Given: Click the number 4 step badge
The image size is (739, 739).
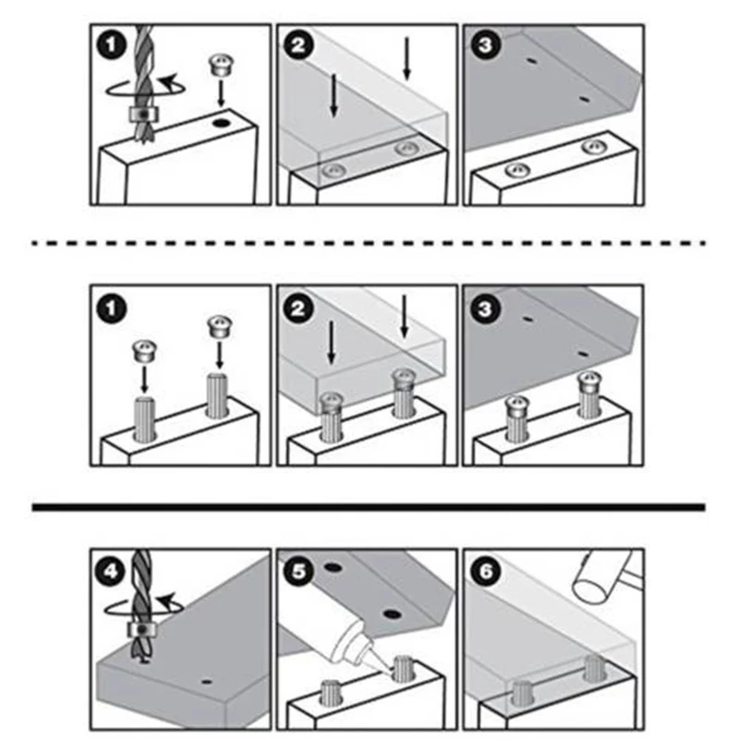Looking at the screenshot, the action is point(111,572).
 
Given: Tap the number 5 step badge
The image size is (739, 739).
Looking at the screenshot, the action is point(297,572).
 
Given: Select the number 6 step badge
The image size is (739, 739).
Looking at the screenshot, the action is point(485,572).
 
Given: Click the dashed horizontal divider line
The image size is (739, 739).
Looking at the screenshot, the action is point(369,243).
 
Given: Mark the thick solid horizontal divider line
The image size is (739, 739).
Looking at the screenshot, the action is point(369,507).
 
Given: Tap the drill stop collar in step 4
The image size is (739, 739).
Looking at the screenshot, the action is point(141,630).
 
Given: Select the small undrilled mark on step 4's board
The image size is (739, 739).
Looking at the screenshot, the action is point(206,682).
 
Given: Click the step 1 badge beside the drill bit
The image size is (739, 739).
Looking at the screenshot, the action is point(111,45).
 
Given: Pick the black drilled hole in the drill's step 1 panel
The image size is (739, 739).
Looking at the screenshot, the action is point(220,124).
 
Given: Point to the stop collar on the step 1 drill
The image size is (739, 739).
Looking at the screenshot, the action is point(143,114).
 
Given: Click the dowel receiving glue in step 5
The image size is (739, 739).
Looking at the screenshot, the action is point(402,668).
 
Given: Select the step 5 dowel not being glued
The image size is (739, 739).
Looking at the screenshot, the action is point(330,692).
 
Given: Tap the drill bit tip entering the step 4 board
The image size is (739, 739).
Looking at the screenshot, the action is point(143,661).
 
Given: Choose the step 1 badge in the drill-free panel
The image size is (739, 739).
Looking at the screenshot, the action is point(111,309).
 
